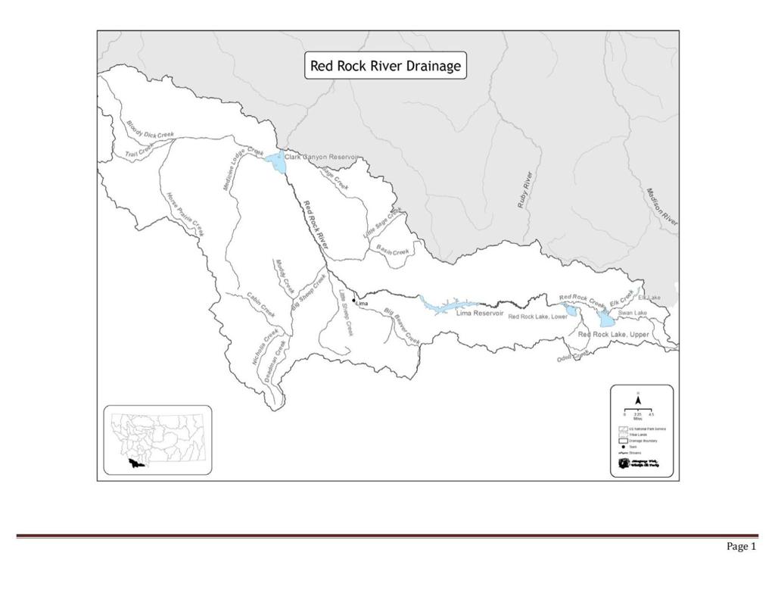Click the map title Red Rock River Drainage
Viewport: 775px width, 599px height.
click(x=384, y=66)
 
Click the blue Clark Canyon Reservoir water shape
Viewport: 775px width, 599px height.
click(x=275, y=161)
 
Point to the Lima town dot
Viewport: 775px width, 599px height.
click(x=353, y=301)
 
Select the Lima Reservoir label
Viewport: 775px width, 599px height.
click(x=479, y=313)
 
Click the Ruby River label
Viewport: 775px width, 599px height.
click(x=525, y=190)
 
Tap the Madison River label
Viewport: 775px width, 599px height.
click(x=661, y=206)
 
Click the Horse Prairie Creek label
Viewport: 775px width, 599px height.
click(x=185, y=214)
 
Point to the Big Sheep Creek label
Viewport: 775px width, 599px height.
click(x=308, y=292)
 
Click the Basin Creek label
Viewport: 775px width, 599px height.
click(x=393, y=251)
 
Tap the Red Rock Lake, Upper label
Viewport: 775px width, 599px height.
click(x=613, y=334)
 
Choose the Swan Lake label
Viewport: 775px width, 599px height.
click(x=632, y=313)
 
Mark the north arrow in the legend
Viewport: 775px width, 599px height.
click(x=638, y=399)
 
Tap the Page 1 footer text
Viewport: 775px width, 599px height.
click(x=741, y=547)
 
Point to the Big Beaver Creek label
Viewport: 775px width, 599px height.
click(x=401, y=327)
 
